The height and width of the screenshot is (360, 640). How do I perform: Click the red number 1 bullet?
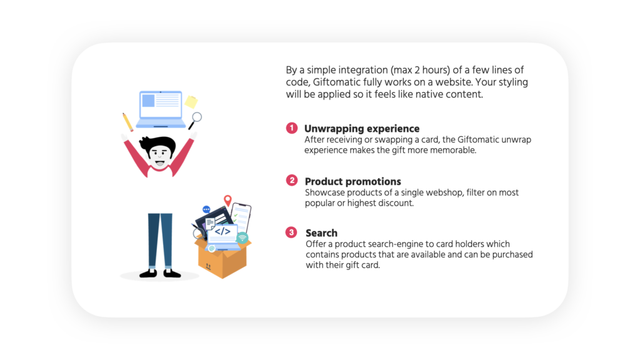pos(291,128)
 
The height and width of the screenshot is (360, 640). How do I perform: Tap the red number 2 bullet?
pos(292,181)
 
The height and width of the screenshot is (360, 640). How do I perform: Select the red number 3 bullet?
pos(291,232)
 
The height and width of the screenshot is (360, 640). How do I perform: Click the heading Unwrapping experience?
pos(362,129)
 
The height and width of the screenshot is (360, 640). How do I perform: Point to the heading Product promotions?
pos(353,181)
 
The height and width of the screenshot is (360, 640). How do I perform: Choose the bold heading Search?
pos(322,233)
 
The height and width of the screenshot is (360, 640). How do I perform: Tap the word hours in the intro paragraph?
pos(435,70)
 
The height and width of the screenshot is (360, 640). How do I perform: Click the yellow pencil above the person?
pos(127,122)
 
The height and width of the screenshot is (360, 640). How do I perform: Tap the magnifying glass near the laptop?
pos(195,121)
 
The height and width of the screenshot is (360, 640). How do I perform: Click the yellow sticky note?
pos(191,102)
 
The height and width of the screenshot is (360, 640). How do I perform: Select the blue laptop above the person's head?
pos(161,109)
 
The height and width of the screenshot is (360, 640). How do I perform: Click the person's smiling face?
pos(159,156)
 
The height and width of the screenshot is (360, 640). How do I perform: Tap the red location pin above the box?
pos(227,201)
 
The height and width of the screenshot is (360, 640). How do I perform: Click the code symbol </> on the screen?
pos(222,232)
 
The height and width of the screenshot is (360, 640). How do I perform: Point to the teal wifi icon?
pos(242,237)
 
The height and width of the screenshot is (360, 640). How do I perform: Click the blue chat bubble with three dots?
pos(206,209)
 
